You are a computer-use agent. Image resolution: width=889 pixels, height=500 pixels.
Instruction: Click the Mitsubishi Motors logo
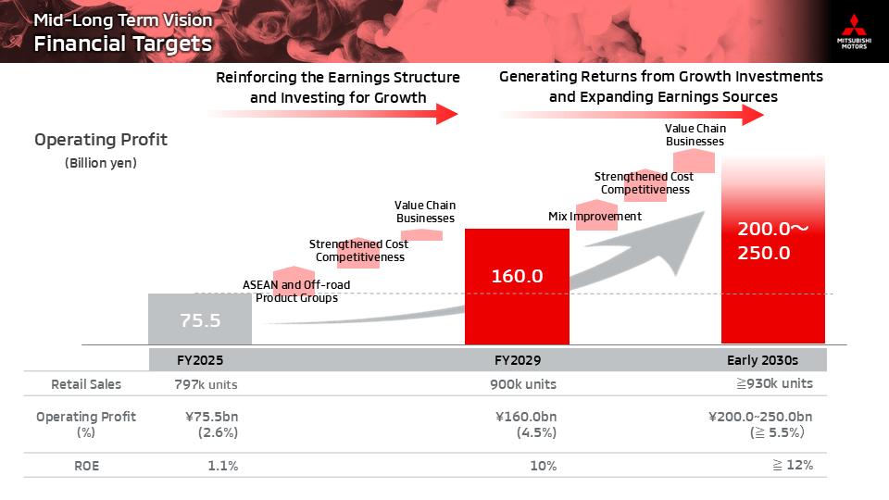pyautogui.click(x=854, y=31)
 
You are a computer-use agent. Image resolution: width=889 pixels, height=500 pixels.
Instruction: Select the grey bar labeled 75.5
pyautogui.click(x=200, y=319)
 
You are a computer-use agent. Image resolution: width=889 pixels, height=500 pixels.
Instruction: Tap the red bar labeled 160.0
pyautogui.click(x=517, y=286)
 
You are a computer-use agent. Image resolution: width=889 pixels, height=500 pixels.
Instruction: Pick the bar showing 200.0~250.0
pyautogui.click(x=772, y=249)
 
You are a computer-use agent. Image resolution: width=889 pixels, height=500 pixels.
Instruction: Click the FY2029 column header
pyautogui.click(x=518, y=360)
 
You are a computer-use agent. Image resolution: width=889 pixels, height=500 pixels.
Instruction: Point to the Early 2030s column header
pyautogui.click(x=762, y=360)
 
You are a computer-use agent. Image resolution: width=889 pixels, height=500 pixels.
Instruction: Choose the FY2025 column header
pyautogui.click(x=200, y=360)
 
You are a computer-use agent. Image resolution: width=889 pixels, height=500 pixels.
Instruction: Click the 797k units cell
pyautogui.click(x=206, y=384)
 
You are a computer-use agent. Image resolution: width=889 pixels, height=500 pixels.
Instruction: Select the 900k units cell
pyautogui.click(x=523, y=384)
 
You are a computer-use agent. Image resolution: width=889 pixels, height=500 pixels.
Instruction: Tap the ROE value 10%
pyautogui.click(x=544, y=466)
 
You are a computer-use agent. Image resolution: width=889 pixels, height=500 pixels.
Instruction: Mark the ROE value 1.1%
pyautogui.click(x=223, y=466)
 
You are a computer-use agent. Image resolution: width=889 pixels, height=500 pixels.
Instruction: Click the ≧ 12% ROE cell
pyautogui.click(x=793, y=465)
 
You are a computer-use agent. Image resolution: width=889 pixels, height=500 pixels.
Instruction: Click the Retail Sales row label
pyautogui.click(x=86, y=384)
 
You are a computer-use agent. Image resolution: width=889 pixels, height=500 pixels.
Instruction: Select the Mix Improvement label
pyautogui.click(x=595, y=216)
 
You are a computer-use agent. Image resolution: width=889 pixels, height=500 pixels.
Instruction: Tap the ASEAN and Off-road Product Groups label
pyautogui.click(x=296, y=292)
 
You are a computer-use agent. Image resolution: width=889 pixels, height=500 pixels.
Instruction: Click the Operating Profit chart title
pyautogui.click(x=101, y=140)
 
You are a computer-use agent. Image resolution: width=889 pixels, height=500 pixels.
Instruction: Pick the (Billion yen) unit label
pyautogui.click(x=101, y=163)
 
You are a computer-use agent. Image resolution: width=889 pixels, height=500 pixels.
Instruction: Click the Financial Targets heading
pyautogui.click(x=122, y=44)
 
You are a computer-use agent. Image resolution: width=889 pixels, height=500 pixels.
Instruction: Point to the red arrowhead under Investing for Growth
pyautogui.click(x=446, y=114)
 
